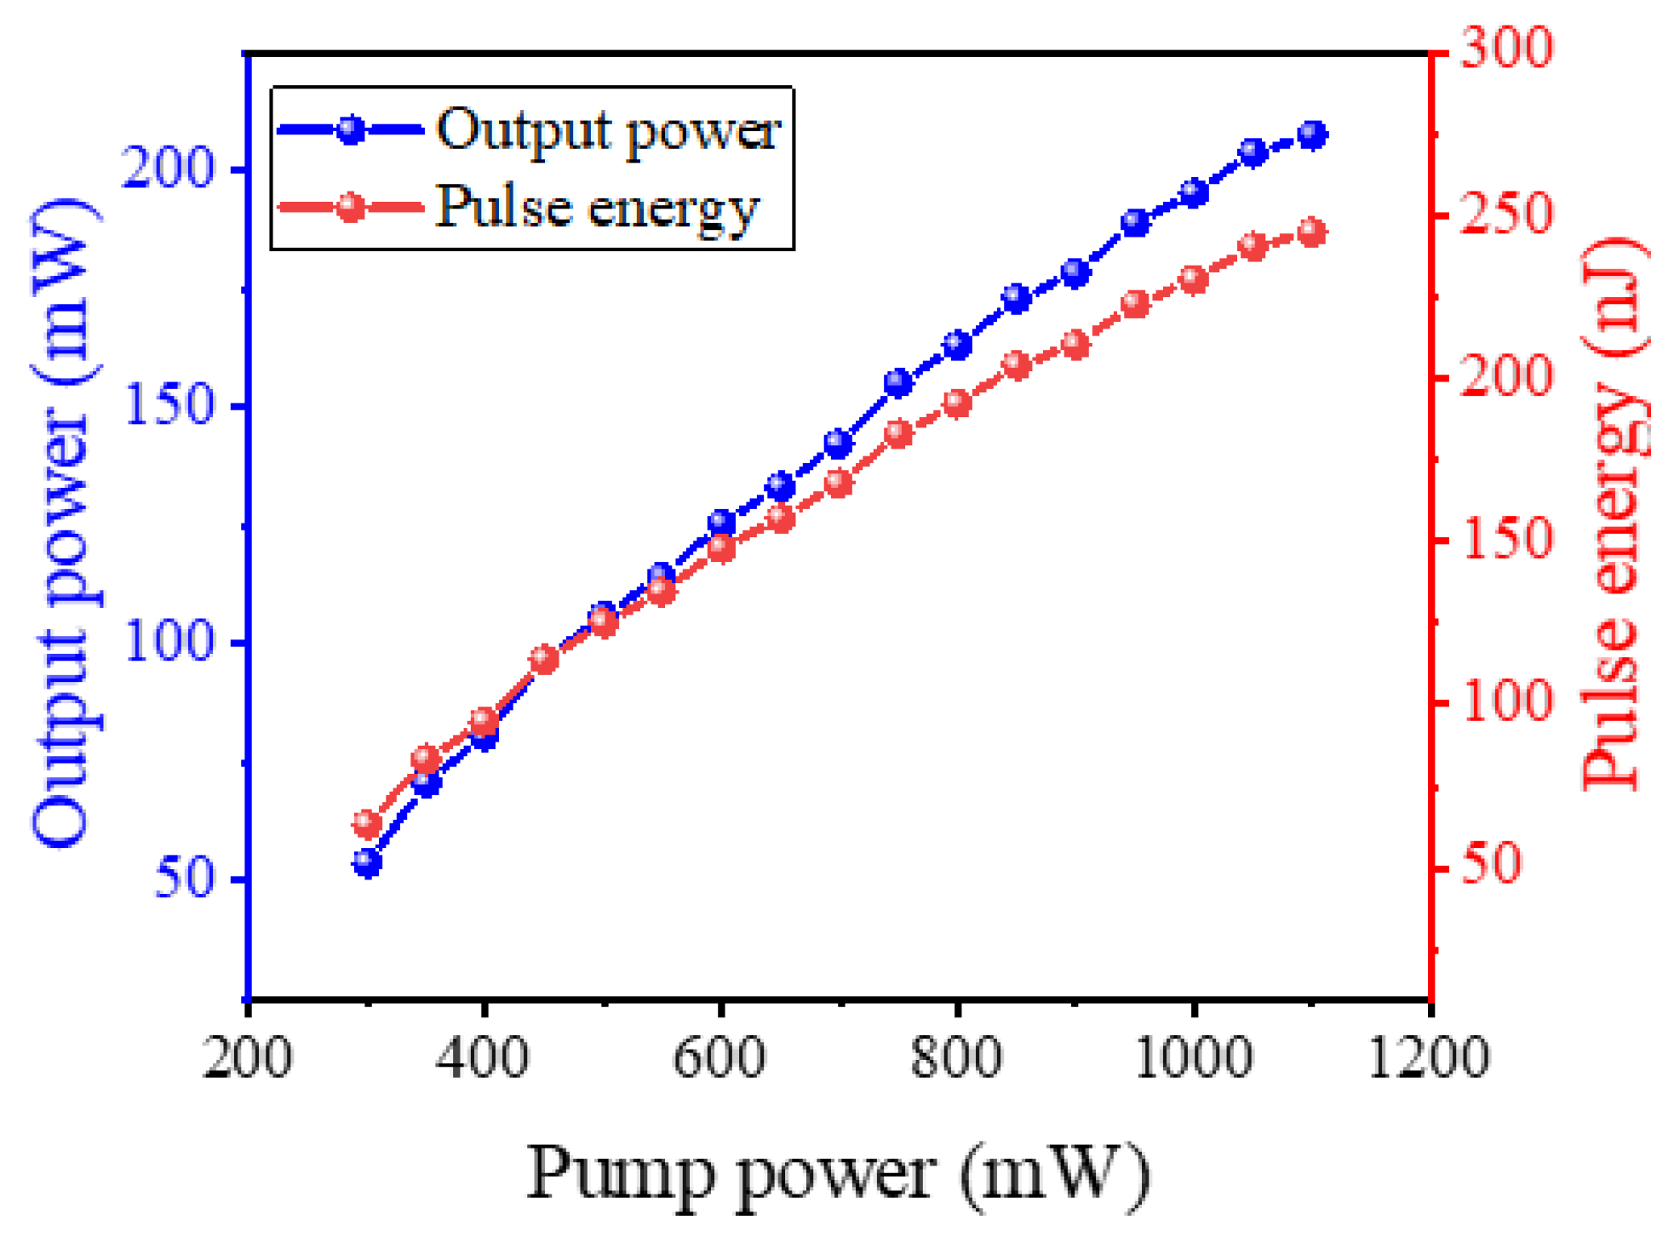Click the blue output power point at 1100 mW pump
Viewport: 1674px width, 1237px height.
(x=1312, y=135)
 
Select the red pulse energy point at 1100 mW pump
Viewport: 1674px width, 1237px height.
(x=1312, y=232)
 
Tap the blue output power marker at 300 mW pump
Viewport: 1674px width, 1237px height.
(x=367, y=863)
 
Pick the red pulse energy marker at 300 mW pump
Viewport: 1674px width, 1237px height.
(x=367, y=823)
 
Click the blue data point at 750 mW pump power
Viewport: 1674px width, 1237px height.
(x=898, y=383)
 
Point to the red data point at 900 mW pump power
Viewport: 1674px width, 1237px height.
(x=1076, y=345)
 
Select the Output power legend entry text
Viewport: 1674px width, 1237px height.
(x=608, y=130)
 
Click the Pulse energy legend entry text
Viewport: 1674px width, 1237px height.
(x=596, y=207)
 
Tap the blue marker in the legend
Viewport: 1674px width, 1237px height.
(x=350, y=130)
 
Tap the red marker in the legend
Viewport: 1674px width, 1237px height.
(x=350, y=207)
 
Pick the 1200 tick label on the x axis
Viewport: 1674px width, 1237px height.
(x=1428, y=1058)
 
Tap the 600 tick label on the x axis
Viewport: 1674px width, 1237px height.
(x=719, y=1058)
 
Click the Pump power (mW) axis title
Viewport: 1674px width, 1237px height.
(x=838, y=1174)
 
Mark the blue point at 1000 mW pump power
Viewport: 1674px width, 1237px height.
(x=1194, y=193)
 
